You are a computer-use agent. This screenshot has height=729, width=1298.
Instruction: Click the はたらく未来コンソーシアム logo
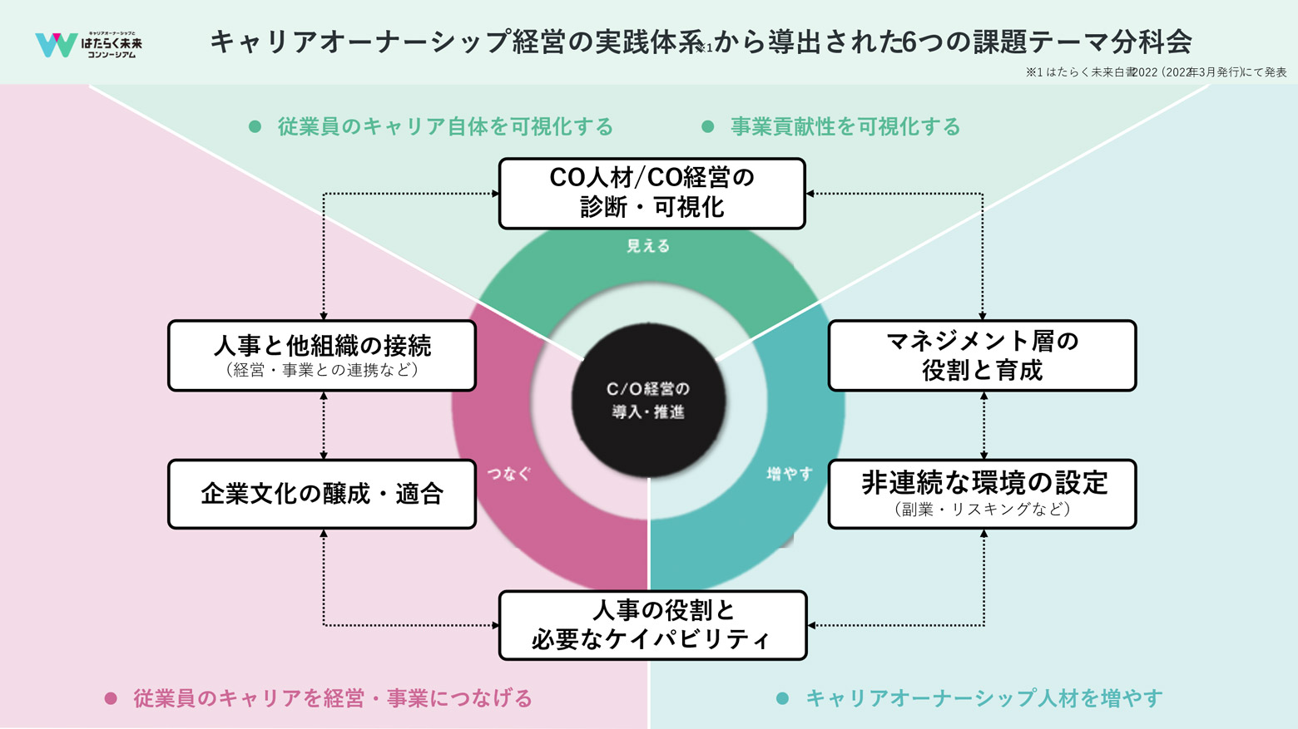click(x=88, y=44)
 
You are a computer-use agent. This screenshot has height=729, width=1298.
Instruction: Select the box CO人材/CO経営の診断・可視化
click(x=651, y=193)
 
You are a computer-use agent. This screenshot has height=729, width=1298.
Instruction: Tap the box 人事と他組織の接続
click(x=322, y=355)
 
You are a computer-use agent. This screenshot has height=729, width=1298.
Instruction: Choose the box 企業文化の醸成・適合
click(x=322, y=494)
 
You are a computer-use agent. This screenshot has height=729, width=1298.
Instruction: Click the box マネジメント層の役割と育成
click(x=982, y=355)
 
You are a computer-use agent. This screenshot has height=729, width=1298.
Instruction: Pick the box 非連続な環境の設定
click(x=982, y=494)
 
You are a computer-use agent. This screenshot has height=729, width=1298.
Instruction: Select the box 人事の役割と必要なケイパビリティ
click(x=652, y=625)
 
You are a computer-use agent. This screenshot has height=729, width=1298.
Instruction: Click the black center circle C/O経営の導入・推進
click(x=648, y=400)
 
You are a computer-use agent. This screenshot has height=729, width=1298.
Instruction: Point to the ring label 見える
click(x=648, y=246)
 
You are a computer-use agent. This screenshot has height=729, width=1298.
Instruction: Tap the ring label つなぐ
click(x=508, y=474)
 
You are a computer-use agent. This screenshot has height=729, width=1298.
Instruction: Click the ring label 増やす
click(x=789, y=474)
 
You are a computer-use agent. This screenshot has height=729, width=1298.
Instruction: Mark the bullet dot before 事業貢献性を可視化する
click(x=708, y=126)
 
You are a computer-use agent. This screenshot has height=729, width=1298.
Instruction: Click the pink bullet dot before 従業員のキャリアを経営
click(x=111, y=698)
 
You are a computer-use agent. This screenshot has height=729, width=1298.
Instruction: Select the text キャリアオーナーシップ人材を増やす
click(x=983, y=698)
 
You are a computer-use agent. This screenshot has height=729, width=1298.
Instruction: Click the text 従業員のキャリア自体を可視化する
click(x=445, y=126)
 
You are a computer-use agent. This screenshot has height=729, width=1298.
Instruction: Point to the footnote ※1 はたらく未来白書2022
click(x=1156, y=72)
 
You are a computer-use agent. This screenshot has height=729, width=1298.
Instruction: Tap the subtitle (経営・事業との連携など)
click(x=322, y=370)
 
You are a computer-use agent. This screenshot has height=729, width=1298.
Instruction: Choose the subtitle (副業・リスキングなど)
click(x=982, y=509)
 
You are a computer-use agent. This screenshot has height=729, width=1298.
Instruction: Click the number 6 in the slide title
click(x=909, y=42)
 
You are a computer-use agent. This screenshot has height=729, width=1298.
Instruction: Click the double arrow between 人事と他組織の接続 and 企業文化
click(x=324, y=425)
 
